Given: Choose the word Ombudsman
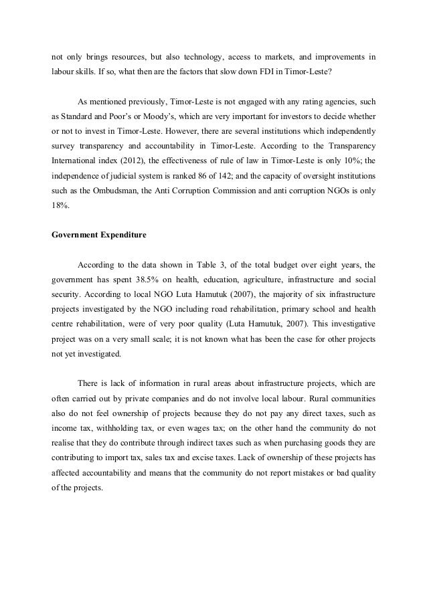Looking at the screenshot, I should pos(109,191).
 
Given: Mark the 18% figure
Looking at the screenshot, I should pos(61,205).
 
